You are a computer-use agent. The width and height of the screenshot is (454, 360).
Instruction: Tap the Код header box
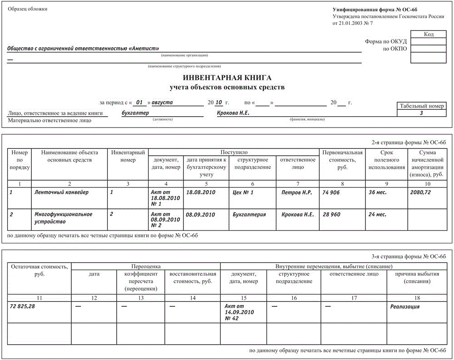(x=429, y=34)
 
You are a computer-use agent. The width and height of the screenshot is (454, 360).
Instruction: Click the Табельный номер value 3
(x=421, y=113)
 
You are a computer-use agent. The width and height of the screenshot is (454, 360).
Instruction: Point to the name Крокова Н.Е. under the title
(x=233, y=113)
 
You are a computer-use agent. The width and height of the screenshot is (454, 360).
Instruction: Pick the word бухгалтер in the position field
(x=135, y=113)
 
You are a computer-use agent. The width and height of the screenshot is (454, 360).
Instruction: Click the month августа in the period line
(x=162, y=103)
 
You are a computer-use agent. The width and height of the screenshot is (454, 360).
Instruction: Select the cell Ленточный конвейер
(x=62, y=192)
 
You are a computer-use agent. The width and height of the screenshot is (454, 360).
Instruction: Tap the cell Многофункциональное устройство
(x=64, y=218)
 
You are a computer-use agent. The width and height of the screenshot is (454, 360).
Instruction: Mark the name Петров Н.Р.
(x=296, y=192)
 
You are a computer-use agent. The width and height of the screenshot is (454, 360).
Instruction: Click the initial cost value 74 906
(x=331, y=192)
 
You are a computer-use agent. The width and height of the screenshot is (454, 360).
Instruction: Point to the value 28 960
(x=331, y=214)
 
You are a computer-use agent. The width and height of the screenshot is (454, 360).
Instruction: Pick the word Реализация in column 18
(x=405, y=307)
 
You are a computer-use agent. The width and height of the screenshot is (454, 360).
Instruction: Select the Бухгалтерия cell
(x=249, y=214)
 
